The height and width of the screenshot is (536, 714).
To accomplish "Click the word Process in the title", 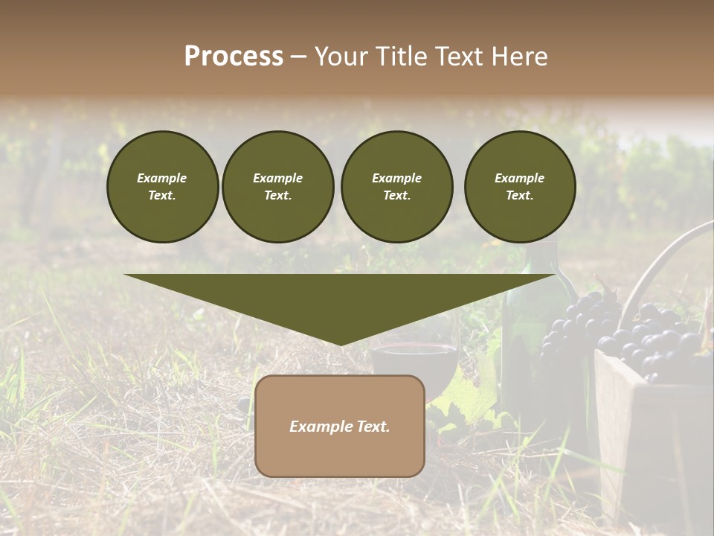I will point(234,57).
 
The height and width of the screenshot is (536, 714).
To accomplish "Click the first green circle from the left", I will point(162,187).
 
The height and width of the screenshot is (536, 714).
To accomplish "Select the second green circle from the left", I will point(277,187).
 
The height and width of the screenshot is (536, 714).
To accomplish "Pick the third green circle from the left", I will point(396,187).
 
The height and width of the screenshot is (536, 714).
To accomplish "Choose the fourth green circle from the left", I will point(520,187).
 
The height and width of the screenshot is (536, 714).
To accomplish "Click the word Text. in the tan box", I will point(373,427).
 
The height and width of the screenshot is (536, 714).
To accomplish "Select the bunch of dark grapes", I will point(632,335).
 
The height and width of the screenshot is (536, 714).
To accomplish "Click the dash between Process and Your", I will point(298,57).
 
